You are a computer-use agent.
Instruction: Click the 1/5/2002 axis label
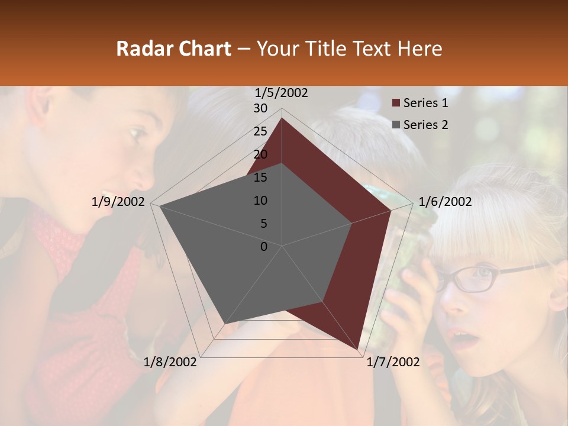pos(282,93)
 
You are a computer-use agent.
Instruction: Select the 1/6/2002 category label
pos(445,202)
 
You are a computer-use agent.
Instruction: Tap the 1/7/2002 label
pos(393,362)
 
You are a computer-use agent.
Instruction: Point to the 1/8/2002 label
pos(170,362)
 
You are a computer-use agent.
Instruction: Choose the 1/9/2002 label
pos(118,202)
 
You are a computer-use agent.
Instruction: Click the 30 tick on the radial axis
pos(260,108)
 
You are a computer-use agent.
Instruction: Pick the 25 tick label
pos(260,131)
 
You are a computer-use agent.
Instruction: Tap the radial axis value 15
pos(260,177)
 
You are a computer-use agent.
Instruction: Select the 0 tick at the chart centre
pos(264,247)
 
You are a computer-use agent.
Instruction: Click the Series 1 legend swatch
pos(396,104)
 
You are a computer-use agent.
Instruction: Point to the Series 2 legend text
pos(425,125)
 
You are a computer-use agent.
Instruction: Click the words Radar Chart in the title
pos(173,49)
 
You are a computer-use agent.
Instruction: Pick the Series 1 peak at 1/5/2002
pos(282,118)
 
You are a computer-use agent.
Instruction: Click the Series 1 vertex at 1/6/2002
pos(391,210)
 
